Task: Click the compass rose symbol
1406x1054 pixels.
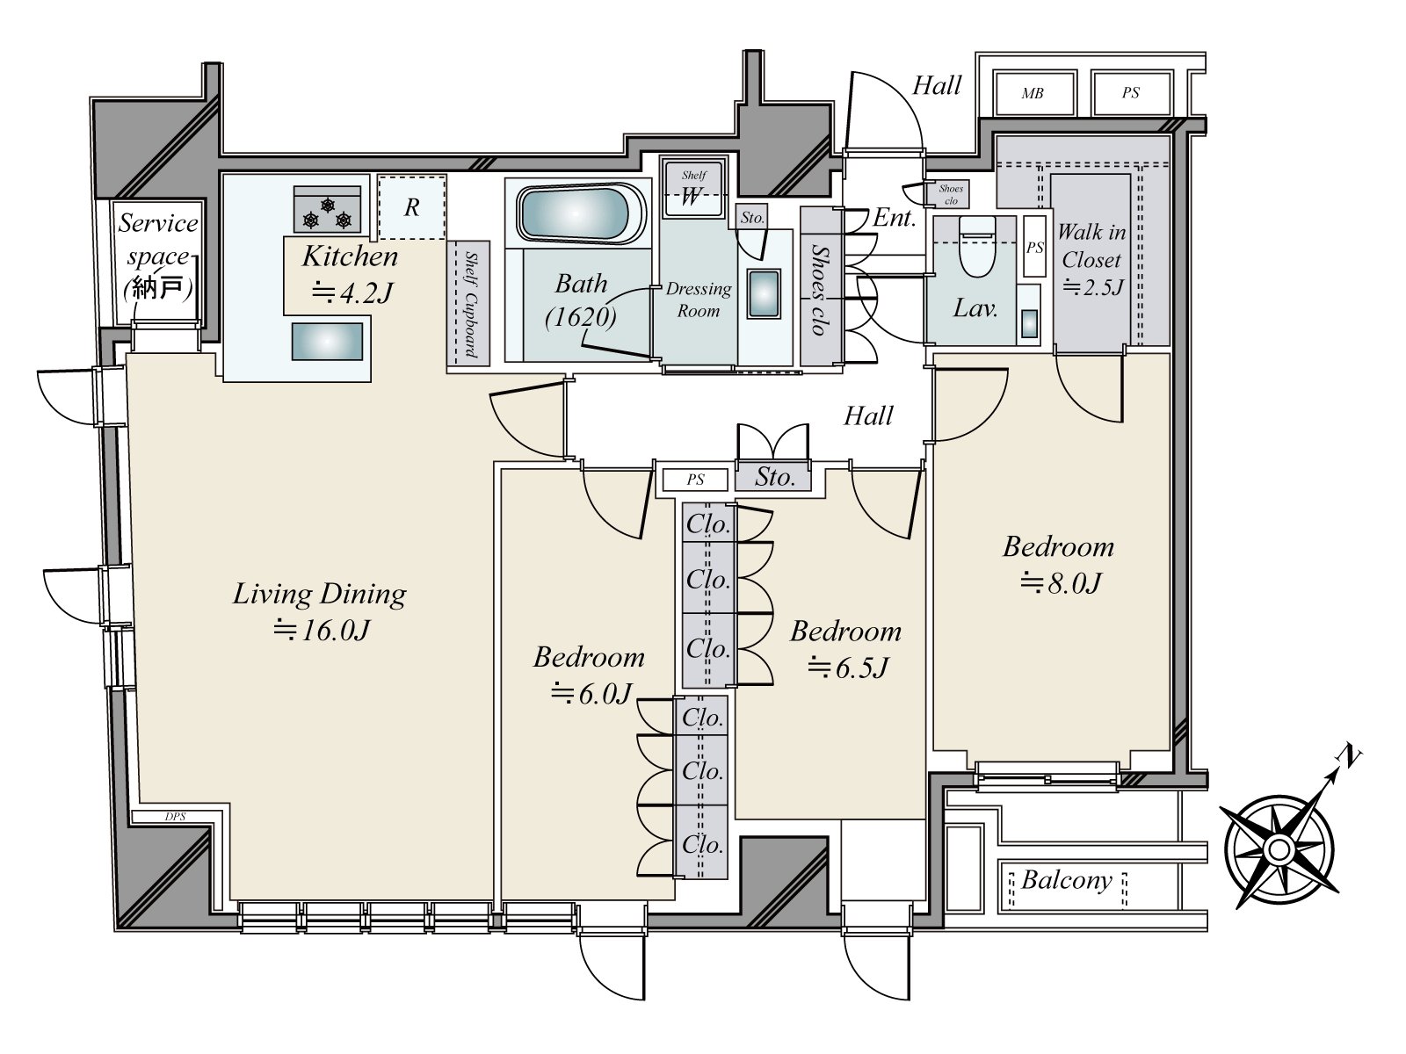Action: click(1279, 849)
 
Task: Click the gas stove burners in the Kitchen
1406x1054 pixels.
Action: click(327, 212)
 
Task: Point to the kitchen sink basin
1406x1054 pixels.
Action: click(327, 341)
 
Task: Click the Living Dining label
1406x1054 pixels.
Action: click(319, 595)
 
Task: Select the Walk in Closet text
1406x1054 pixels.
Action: click(1091, 246)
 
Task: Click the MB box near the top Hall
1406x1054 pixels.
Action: click(1033, 93)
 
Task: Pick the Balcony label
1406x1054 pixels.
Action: click(1066, 880)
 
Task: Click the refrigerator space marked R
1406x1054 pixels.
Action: click(411, 207)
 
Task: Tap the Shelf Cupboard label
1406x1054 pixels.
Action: click(470, 304)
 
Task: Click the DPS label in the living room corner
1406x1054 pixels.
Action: click(176, 816)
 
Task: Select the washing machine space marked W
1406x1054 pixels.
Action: click(692, 196)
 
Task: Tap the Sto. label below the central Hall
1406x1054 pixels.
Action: click(774, 477)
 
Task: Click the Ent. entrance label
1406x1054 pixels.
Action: click(894, 218)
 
